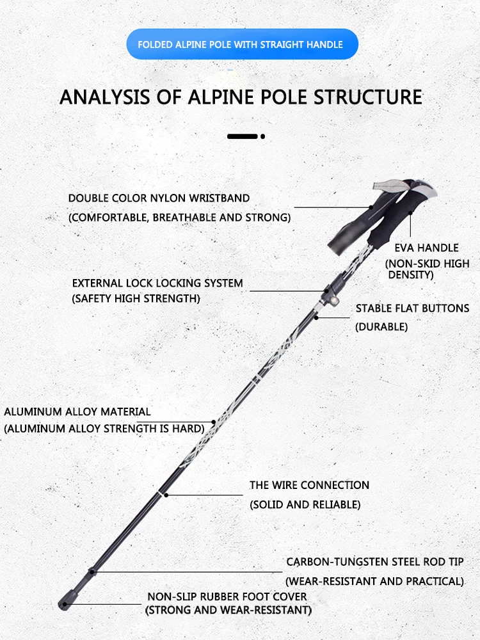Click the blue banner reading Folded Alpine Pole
[x=242, y=44]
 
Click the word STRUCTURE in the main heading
[x=368, y=97]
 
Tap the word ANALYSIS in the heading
[x=104, y=97]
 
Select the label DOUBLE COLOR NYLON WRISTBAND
[x=159, y=198]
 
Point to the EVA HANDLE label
[x=426, y=248]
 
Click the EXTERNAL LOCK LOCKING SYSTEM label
[x=157, y=283]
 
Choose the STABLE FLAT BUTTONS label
[x=412, y=308]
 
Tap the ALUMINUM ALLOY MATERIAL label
[x=77, y=412]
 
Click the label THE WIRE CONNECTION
[x=309, y=485]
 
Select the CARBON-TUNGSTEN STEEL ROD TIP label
[x=374, y=562]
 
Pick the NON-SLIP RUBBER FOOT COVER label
[x=227, y=596]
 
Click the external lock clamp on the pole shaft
[x=332, y=292]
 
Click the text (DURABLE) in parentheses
[x=381, y=326]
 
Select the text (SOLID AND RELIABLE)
[x=305, y=504]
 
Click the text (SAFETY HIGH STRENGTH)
[x=136, y=298]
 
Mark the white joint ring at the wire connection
[x=166, y=495]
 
